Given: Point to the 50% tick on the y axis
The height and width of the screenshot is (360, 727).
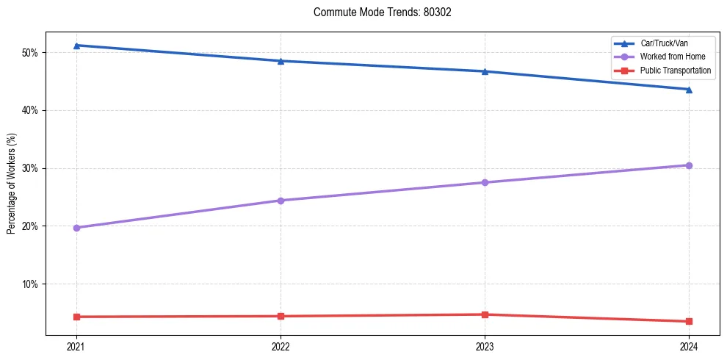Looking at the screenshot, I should pos(33,53).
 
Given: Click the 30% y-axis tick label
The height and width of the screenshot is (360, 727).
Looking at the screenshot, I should pos(33,168).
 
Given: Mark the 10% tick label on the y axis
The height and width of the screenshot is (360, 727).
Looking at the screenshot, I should pos(33,284).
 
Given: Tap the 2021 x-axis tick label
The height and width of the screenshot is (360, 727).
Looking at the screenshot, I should pos(76,346).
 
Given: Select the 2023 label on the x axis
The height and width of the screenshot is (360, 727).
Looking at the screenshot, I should pos(485,346).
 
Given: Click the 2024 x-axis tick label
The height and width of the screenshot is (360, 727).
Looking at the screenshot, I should pos(689,346).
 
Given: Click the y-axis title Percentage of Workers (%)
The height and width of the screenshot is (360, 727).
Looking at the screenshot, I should pos(12,184).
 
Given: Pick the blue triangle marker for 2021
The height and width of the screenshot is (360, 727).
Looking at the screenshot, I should pos(76,46).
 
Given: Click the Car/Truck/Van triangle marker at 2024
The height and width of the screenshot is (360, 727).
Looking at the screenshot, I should pos(689,90).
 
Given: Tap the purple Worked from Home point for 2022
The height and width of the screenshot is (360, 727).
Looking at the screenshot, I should pos(281,201).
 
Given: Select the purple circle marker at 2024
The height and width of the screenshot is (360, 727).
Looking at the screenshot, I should pos(689,165).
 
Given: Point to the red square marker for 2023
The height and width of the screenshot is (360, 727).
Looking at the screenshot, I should pos(485,314).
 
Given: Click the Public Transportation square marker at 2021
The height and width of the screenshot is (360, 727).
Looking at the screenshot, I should pos(76,317).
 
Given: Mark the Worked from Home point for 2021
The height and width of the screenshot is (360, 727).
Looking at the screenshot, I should pos(76,228).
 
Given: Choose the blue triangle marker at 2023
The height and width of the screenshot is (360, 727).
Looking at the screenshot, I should pos(485,71).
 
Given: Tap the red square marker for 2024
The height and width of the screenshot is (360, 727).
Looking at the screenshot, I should pos(689,321).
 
